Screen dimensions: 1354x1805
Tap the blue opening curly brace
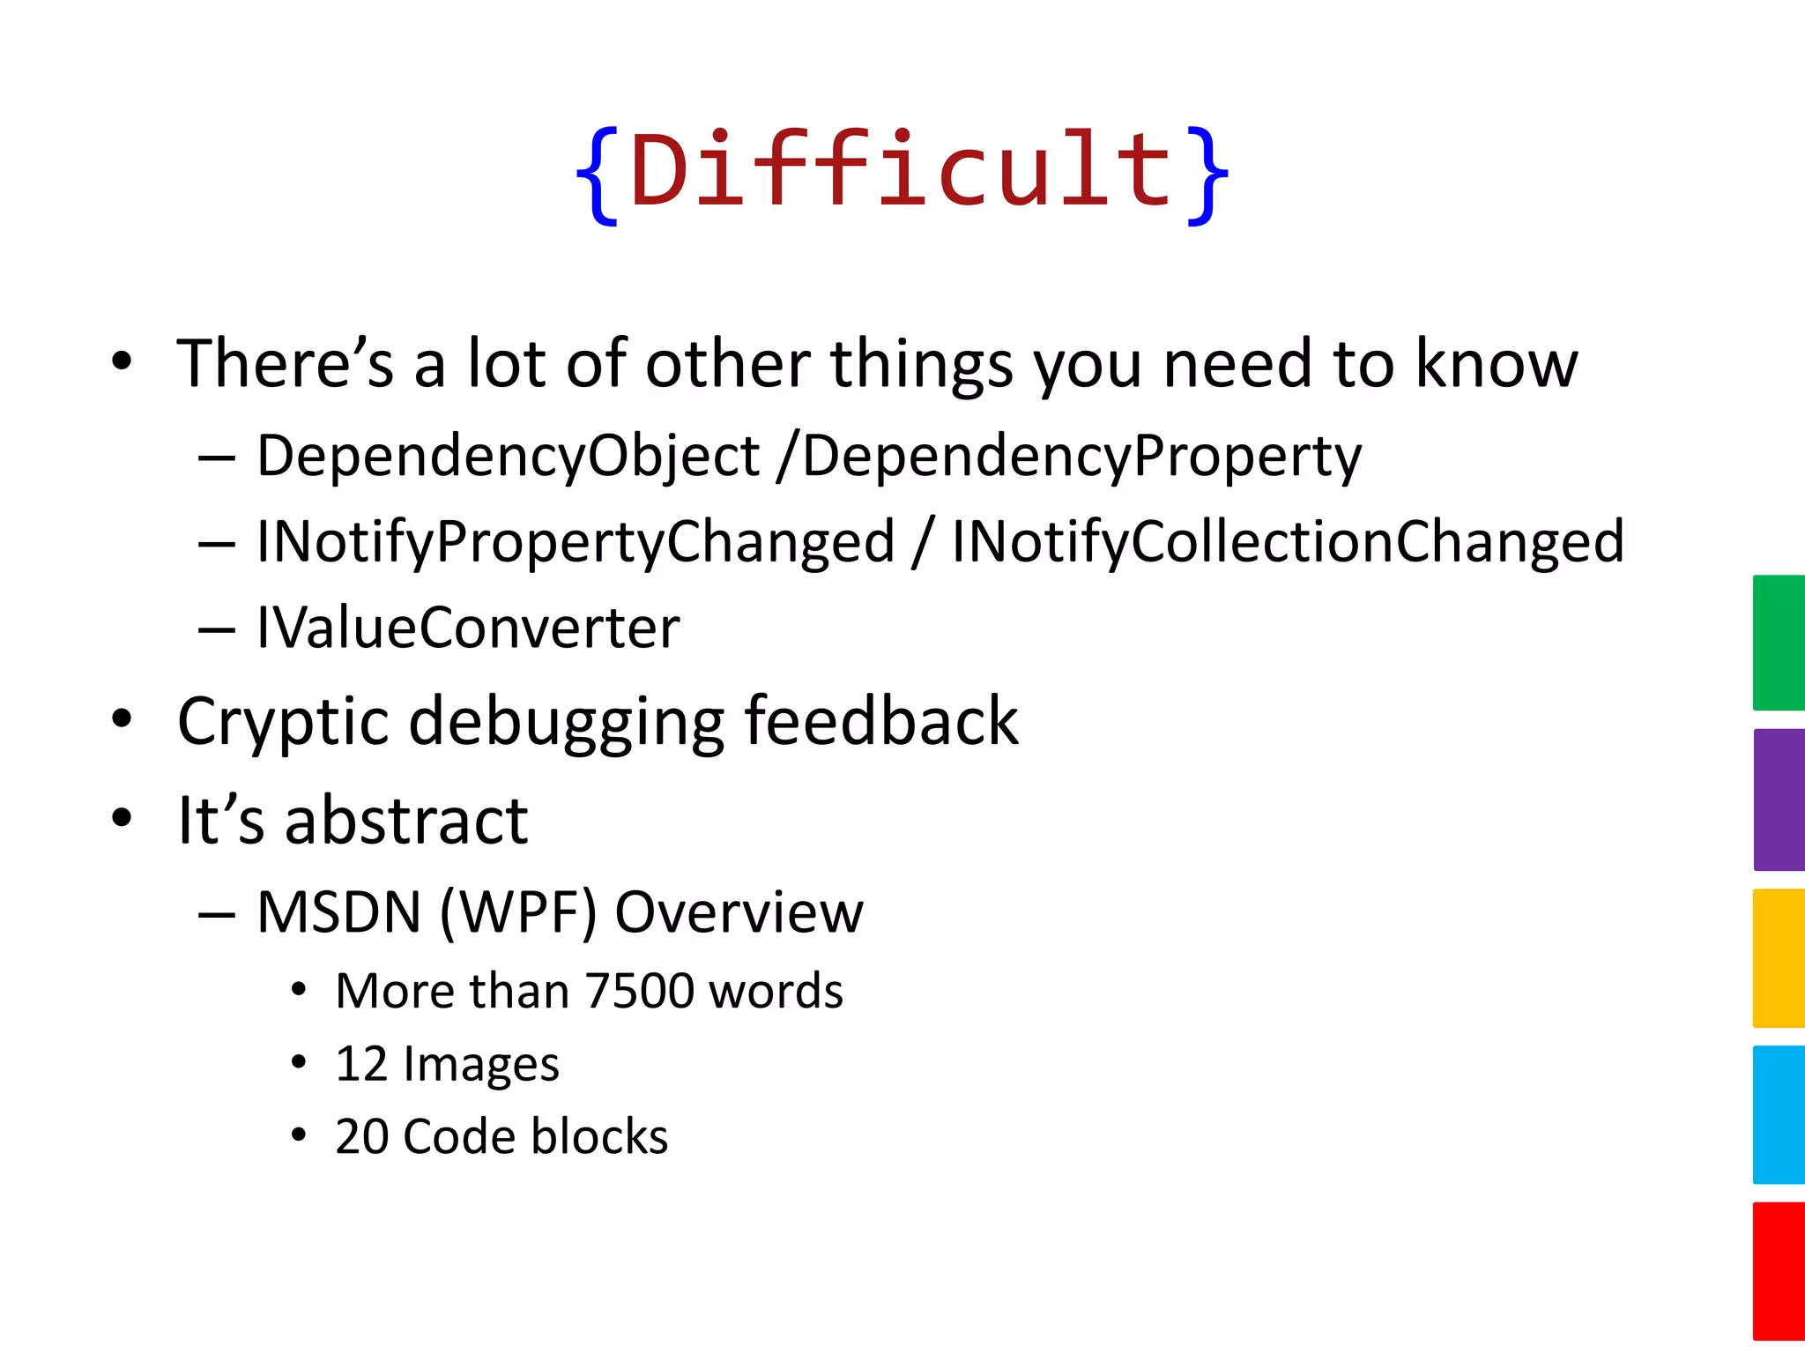[x=598, y=175]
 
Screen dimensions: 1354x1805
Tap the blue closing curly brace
[x=1205, y=175]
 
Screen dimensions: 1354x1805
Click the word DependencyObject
[x=508, y=457]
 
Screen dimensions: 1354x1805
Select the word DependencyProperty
[x=1081, y=457]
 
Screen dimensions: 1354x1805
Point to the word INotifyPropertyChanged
[x=576, y=542]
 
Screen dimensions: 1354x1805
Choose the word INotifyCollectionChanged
[x=1287, y=542]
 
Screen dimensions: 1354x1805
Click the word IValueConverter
[x=468, y=628]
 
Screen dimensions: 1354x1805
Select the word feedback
[x=881, y=721]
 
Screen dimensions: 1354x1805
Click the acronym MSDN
[x=339, y=911]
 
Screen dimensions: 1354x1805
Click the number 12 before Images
[x=361, y=1064]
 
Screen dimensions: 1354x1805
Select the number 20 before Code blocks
[x=361, y=1136]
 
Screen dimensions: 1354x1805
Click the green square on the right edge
[x=1779, y=643]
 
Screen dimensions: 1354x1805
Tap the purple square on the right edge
[x=1779, y=800]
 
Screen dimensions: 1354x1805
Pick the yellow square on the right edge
[x=1779, y=958]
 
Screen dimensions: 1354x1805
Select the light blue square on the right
[x=1779, y=1114]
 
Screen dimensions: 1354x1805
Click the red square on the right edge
[x=1779, y=1271]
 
